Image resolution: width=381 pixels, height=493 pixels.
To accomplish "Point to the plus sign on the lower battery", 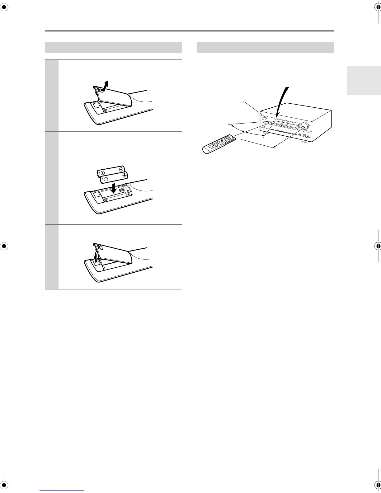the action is [x=124, y=176].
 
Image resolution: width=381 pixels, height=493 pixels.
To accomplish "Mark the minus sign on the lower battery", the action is [x=106, y=179].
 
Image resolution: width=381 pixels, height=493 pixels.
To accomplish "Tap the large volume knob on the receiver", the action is [x=305, y=126].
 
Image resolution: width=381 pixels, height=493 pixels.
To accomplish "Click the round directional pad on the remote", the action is [x=222, y=142].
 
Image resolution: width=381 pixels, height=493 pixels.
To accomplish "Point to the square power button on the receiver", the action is [x=264, y=119].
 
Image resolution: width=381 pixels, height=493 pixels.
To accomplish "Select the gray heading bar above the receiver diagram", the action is [x=265, y=48].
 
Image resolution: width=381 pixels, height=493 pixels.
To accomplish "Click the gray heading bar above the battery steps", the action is [x=113, y=48].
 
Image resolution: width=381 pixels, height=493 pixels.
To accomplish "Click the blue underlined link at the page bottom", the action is [x=62, y=491].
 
